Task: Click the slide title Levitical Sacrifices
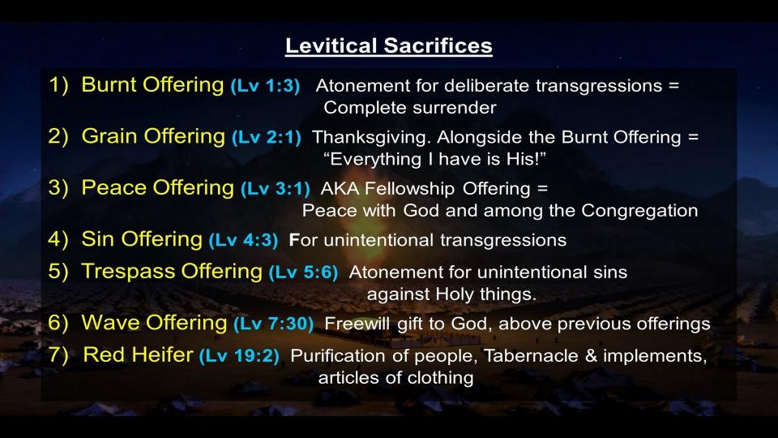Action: coord(388,45)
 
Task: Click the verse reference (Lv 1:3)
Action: coord(265,86)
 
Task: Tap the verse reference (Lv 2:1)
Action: coord(267,138)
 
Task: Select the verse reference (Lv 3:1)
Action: coord(276,189)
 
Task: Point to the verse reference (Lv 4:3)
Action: coord(243,241)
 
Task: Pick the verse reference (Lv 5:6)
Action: coord(303,273)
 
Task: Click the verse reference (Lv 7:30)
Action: coord(273,324)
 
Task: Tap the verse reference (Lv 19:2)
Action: coord(239,356)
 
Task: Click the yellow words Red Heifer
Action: coord(138,355)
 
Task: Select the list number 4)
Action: coord(58,239)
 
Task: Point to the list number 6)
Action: coord(58,323)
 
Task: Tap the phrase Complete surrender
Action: coord(410,108)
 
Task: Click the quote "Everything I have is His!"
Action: coord(434,160)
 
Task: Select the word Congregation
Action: coord(639,211)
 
